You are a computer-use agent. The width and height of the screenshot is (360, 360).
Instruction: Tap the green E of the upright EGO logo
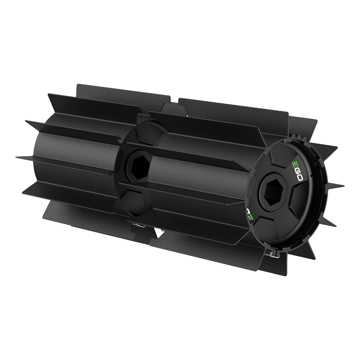click(294, 162)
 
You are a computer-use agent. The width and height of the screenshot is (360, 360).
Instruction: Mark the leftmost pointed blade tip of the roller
click(17, 157)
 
